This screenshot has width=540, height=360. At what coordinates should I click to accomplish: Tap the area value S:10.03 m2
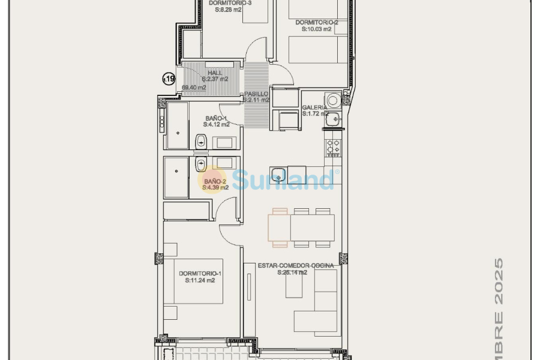(316, 29)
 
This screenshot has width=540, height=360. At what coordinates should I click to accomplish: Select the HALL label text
(215, 73)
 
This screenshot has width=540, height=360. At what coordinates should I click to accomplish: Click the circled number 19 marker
(169, 79)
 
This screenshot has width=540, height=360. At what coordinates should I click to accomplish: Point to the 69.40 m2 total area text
(194, 88)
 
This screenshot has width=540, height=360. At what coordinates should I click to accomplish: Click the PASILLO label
(256, 94)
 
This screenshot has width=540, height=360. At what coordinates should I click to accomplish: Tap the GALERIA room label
(314, 107)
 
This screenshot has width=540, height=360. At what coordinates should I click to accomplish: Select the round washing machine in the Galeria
(334, 100)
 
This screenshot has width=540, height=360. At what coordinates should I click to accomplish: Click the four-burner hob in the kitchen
(333, 148)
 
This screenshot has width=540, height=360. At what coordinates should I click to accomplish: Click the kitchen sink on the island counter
(278, 175)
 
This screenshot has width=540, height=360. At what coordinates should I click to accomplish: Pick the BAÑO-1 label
(215, 118)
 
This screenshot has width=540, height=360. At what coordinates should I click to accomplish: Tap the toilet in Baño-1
(201, 142)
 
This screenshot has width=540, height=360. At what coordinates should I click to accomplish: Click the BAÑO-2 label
(215, 181)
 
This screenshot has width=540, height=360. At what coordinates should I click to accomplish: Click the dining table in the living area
(301, 228)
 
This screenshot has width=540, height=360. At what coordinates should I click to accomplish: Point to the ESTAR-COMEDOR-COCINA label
(296, 265)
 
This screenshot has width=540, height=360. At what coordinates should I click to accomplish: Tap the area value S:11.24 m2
(200, 280)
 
